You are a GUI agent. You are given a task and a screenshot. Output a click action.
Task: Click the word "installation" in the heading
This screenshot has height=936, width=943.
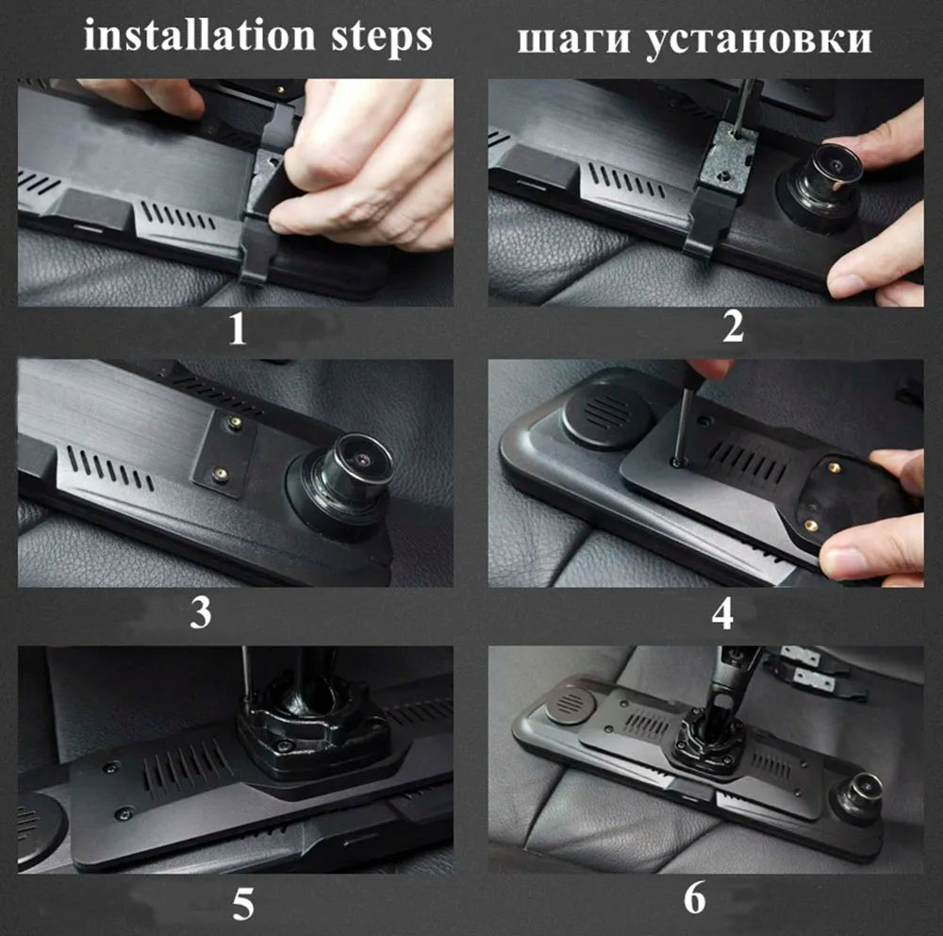[198, 36]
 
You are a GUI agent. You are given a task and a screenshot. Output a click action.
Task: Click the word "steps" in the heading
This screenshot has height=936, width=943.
[381, 38]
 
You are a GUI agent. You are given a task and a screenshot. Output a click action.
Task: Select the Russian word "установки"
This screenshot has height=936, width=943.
[759, 42]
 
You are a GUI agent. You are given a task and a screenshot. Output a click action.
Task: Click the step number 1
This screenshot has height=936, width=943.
[238, 329]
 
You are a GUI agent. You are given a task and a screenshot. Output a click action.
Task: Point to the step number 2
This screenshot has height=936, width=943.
[733, 327]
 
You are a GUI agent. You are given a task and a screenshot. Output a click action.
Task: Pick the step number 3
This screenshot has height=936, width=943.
[200, 612]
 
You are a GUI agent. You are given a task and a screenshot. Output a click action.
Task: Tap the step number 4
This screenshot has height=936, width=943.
[722, 613]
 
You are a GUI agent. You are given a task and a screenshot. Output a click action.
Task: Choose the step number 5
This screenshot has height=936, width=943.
[243, 904]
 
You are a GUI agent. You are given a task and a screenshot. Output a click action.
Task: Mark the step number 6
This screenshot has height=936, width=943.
[694, 898]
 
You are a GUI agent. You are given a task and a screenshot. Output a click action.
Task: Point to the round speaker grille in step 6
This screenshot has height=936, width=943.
[570, 703]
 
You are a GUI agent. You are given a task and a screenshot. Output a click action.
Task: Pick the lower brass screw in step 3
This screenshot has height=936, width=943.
[221, 474]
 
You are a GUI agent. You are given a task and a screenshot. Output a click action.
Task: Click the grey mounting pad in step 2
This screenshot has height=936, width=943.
[730, 158]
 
